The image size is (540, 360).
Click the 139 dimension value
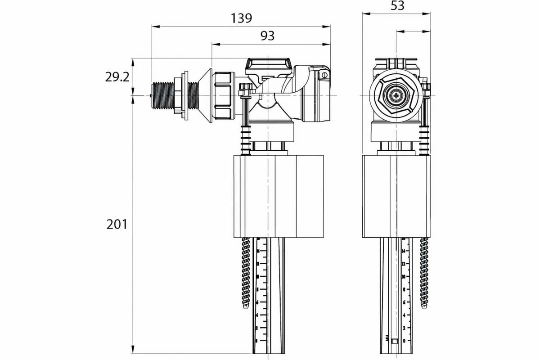tap(242, 18)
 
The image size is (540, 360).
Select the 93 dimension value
tap(267, 36)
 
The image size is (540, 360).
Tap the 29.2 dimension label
tap(117, 77)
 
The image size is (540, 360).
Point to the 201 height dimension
tap(117, 224)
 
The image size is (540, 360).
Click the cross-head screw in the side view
tap(396, 95)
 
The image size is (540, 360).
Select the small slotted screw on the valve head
tap(323, 75)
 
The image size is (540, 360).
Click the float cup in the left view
tap(279, 196)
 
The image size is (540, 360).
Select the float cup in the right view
tap(396, 196)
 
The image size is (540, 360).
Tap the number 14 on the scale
tap(404, 251)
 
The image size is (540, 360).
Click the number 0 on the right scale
tap(404, 341)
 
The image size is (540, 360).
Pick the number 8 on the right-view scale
tap(404, 289)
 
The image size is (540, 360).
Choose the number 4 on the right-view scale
tap(404, 315)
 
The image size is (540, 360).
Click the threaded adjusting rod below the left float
tap(246, 272)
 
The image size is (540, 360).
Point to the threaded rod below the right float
tap(424, 272)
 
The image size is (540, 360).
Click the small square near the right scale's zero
tap(395, 341)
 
